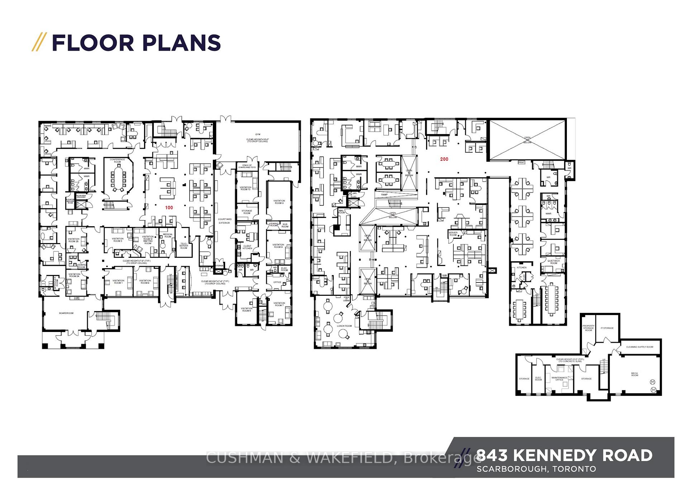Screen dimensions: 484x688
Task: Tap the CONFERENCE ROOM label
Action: click(x=118, y=161)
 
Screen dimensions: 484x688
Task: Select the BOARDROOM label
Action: click(x=66, y=313)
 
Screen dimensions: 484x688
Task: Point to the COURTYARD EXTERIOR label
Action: click(x=225, y=221)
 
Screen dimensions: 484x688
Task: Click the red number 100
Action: click(x=169, y=208)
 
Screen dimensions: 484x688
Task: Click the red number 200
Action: click(x=444, y=159)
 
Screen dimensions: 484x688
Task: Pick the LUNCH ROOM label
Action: click(x=344, y=326)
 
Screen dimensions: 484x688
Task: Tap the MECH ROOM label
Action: click(x=634, y=374)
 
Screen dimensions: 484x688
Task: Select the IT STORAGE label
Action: click(x=607, y=328)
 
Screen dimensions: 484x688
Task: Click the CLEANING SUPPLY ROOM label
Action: click(x=640, y=347)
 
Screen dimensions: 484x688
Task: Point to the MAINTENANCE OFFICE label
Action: click(x=559, y=379)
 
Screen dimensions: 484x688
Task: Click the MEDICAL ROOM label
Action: click(x=168, y=235)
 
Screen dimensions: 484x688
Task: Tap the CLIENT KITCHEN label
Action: click(x=247, y=247)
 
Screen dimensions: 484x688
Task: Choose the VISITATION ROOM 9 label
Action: click(x=279, y=202)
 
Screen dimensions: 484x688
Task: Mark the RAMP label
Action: click(x=384, y=195)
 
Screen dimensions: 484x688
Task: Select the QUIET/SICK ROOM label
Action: click(x=554, y=262)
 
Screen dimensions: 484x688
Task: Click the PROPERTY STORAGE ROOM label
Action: click(x=588, y=328)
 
